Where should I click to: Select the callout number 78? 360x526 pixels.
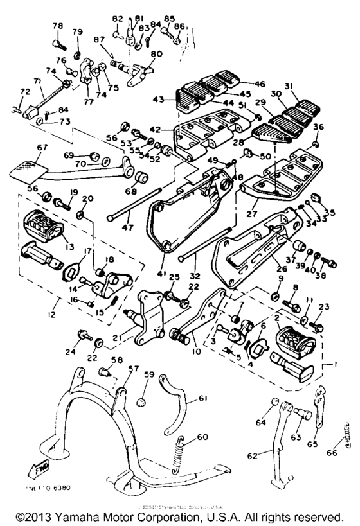pyautogui.click(x=57, y=26)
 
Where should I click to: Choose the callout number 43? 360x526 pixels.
pyautogui.click(x=158, y=98)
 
